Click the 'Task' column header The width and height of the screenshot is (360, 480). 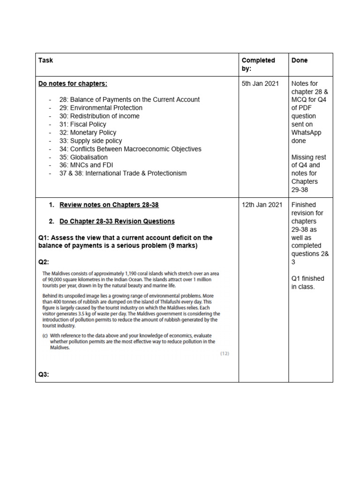point(45,60)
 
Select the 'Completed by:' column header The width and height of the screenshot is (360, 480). point(258,64)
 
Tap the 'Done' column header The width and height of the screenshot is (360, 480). point(300,60)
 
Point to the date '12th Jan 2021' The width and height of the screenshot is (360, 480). point(262,205)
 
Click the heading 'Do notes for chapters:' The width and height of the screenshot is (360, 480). point(73,84)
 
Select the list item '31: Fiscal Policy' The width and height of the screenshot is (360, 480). point(82,124)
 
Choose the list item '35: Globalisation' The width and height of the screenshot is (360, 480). point(83,157)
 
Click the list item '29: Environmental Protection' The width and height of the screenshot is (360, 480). point(101,108)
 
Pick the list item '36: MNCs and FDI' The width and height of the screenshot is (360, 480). point(86,165)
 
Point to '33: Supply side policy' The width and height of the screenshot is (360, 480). point(90,141)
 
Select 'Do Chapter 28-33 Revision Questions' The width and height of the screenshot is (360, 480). point(117,221)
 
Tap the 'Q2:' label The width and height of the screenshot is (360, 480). point(44,262)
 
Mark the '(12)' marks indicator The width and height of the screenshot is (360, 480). point(225,353)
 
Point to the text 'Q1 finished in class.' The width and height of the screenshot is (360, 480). point(307,282)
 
